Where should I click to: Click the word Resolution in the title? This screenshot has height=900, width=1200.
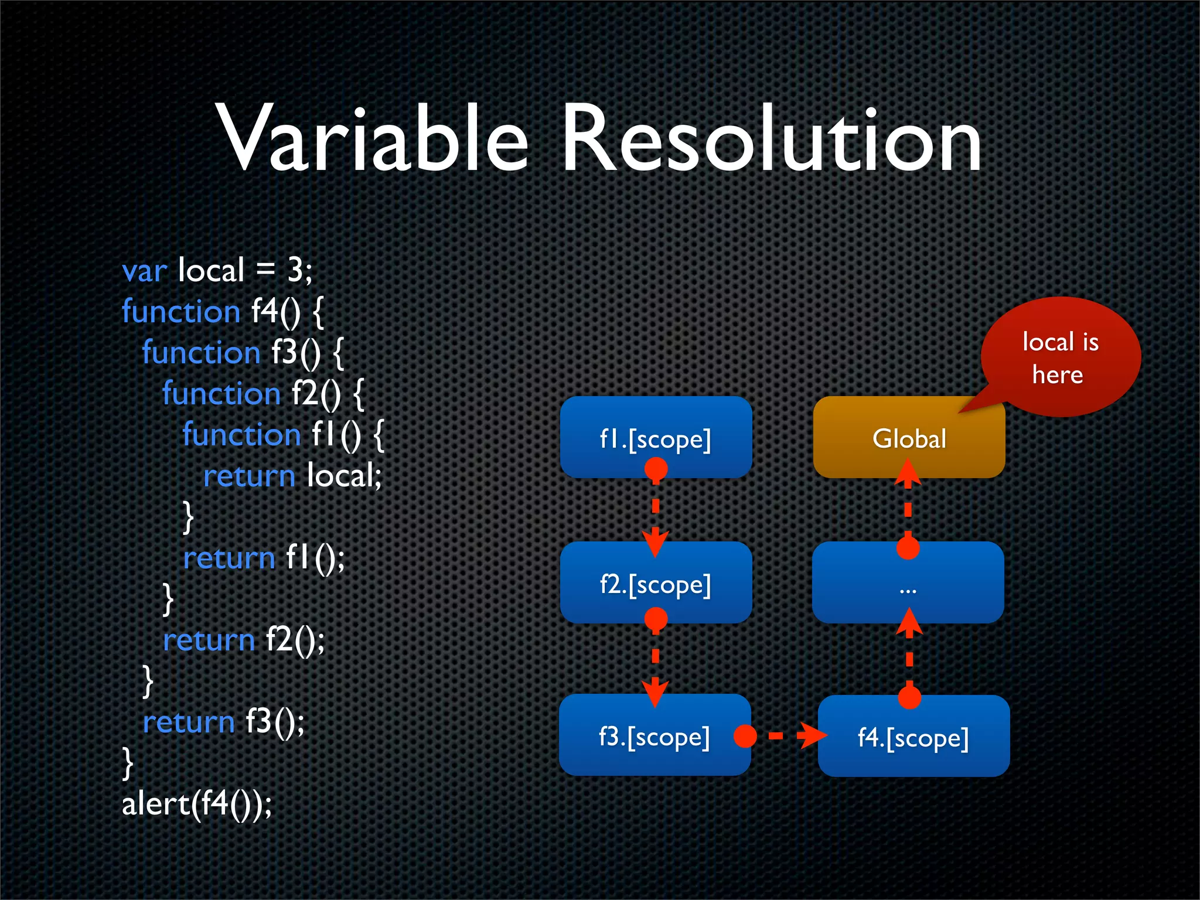pyautogui.click(x=771, y=138)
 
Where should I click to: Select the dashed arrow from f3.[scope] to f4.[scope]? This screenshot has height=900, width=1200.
pyautogui.click(x=785, y=736)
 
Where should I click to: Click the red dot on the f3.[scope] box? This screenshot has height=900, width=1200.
pyautogui.click(x=745, y=736)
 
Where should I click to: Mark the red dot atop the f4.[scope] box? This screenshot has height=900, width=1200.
pyautogui.click(x=909, y=697)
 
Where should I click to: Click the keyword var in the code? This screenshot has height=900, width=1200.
pyautogui.click(x=144, y=271)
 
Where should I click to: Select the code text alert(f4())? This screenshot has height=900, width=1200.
pyautogui.click(x=197, y=803)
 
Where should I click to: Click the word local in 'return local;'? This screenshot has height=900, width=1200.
pyautogui.click(x=343, y=475)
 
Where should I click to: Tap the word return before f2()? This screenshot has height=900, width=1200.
pyautogui.click(x=209, y=640)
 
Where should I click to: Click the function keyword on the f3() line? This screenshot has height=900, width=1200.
pyautogui.click(x=201, y=353)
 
